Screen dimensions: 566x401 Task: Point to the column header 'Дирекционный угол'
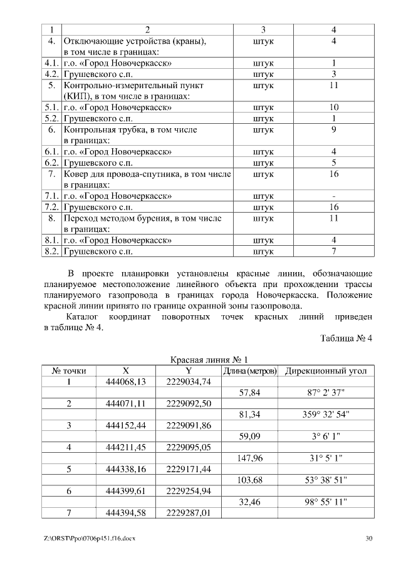[326, 371]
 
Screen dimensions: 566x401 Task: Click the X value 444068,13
[126, 382]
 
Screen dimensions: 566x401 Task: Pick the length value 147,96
[250, 458]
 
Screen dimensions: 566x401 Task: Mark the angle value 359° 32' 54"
[326, 414]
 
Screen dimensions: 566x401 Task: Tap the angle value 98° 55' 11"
[326, 502]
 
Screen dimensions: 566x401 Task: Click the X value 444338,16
[126, 469]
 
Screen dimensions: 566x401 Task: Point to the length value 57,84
[250, 393]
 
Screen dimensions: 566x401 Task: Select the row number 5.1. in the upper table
[52, 107]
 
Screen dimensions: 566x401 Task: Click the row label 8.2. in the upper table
[52, 251]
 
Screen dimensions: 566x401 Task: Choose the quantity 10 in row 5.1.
[334, 107]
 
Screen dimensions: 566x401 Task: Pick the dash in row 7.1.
[334, 196]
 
